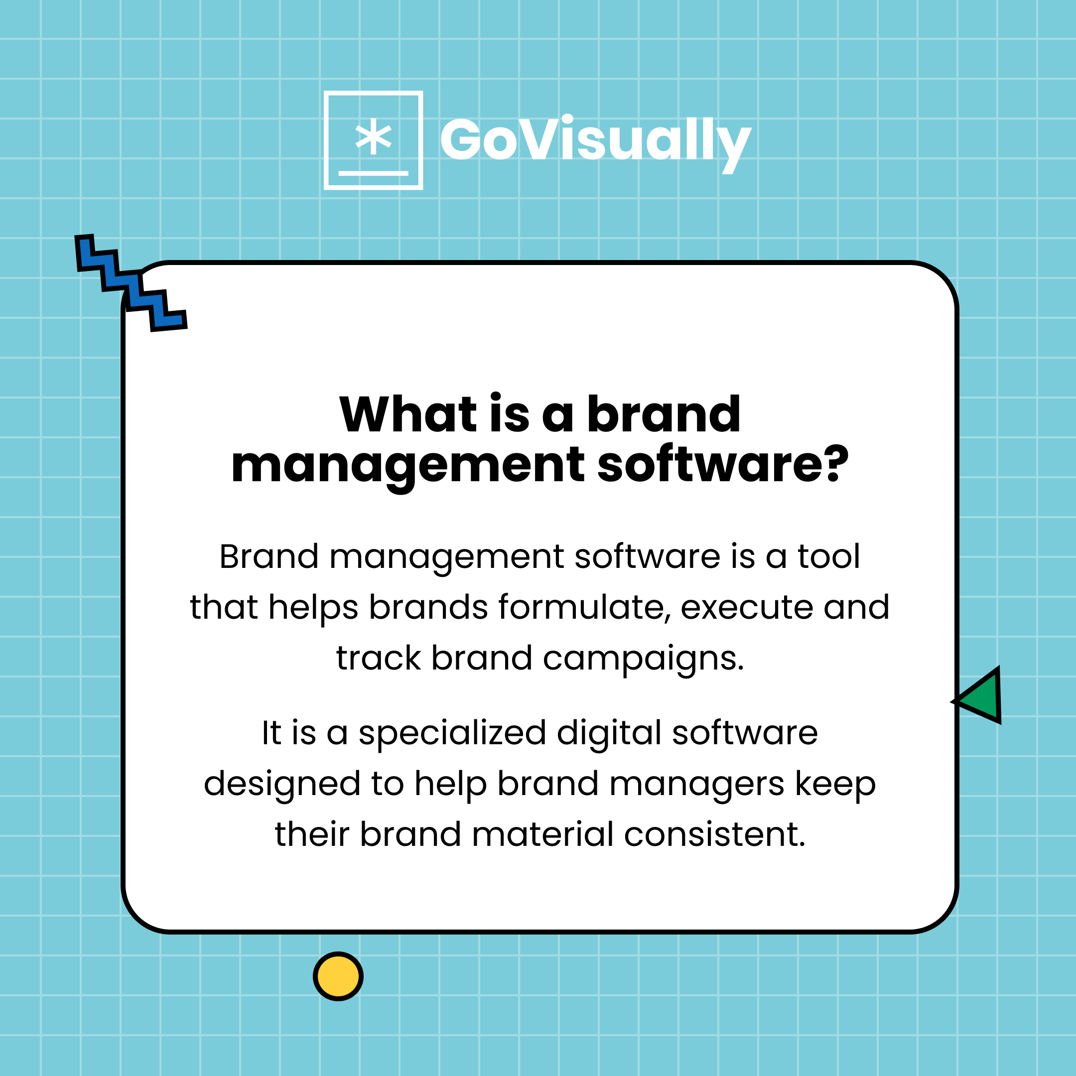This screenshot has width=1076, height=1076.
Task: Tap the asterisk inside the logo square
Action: click(373, 137)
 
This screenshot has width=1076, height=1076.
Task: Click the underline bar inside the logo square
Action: click(373, 173)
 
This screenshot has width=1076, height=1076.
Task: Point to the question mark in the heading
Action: click(836, 464)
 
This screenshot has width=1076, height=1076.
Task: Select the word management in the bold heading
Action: click(407, 466)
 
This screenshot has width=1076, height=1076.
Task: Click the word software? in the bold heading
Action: click(722, 465)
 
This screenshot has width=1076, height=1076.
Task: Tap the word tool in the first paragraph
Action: click(829, 556)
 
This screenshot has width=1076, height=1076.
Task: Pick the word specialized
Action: click(452, 733)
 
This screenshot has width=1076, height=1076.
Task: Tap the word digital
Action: click(609, 733)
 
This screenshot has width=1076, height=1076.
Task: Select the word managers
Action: click(697, 784)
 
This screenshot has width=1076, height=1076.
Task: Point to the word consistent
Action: click(714, 834)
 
